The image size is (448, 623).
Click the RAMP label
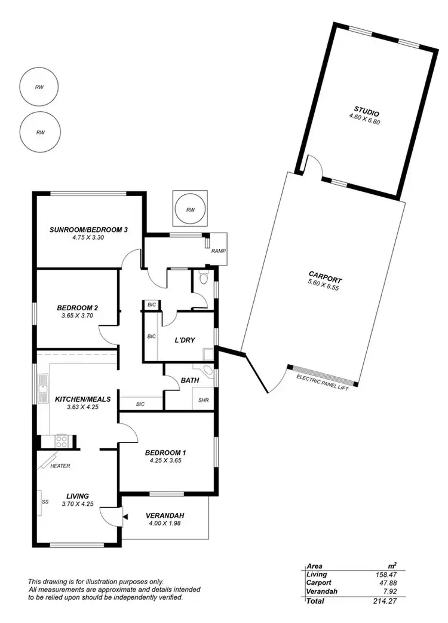click(218, 251)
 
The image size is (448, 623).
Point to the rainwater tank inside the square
click(191, 210)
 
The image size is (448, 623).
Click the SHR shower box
click(203, 400)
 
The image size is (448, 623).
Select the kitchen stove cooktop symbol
click(62, 442)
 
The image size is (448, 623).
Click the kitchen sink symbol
click(43, 388)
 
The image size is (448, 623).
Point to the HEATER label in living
click(60, 465)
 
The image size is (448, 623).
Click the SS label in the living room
click(45, 502)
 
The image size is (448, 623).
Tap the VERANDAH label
click(165, 515)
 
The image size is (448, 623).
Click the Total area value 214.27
click(386, 601)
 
